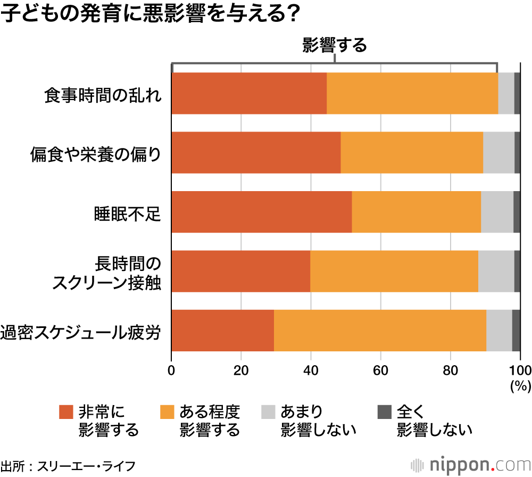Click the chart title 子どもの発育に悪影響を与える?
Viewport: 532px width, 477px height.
[148, 15]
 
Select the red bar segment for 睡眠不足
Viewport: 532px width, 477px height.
[261, 212]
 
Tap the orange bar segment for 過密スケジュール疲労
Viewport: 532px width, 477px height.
[380, 330]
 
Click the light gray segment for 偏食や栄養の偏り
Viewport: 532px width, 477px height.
[498, 153]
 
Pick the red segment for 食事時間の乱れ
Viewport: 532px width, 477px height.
[249, 94]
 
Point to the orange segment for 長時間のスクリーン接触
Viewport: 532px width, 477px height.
[394, 271]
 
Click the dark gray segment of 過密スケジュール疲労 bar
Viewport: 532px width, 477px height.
[516, 330]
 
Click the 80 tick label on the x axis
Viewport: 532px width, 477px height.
[451, 371]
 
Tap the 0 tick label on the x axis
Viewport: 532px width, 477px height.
[171, 371]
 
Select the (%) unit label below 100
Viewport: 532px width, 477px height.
[520, 386]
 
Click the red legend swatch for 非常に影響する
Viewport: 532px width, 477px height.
[65, 412]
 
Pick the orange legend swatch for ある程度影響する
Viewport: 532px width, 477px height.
[167, 412]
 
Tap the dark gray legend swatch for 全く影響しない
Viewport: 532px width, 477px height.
[384, 412]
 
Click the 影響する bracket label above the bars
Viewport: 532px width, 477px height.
[335, 46]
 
